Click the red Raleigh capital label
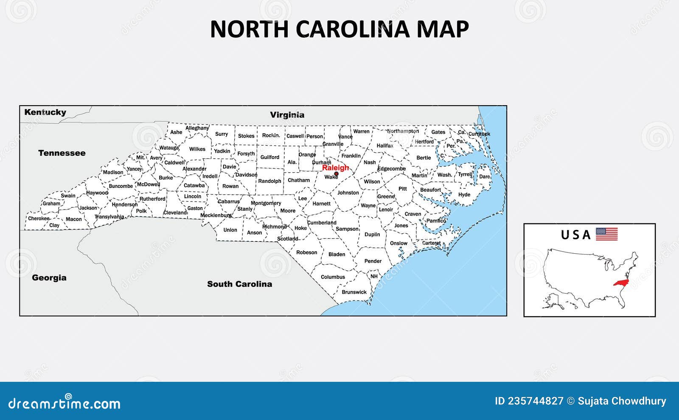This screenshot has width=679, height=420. click(x=335, y=168)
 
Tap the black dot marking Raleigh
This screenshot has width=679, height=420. click(x=336, y=174)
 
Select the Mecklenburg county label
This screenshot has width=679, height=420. click(x=216, y=215)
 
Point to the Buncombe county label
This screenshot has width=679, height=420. click(x=121, y=186)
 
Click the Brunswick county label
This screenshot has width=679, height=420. click(x=354, y=292)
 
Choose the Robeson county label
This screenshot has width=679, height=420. click(x=306, y=252)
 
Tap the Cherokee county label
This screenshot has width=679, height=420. click(x=39, y=218)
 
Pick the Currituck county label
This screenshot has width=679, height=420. click(x=479, y=134)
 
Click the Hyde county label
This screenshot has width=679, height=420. click(x=464, y=195)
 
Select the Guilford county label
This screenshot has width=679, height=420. click(x=270, y=157)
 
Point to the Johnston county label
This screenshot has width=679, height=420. click(x=348, y=193)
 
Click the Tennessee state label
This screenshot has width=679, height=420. click(x=62, y=153)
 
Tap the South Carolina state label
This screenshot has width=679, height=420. click(x=239, y=284)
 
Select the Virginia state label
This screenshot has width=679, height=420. click(x=287, y=115)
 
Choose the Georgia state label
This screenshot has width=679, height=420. click(x=49, y=278)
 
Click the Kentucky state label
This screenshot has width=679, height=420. click(x=45, y=112)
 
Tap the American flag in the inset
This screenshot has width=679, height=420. click(x=606, y=234)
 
